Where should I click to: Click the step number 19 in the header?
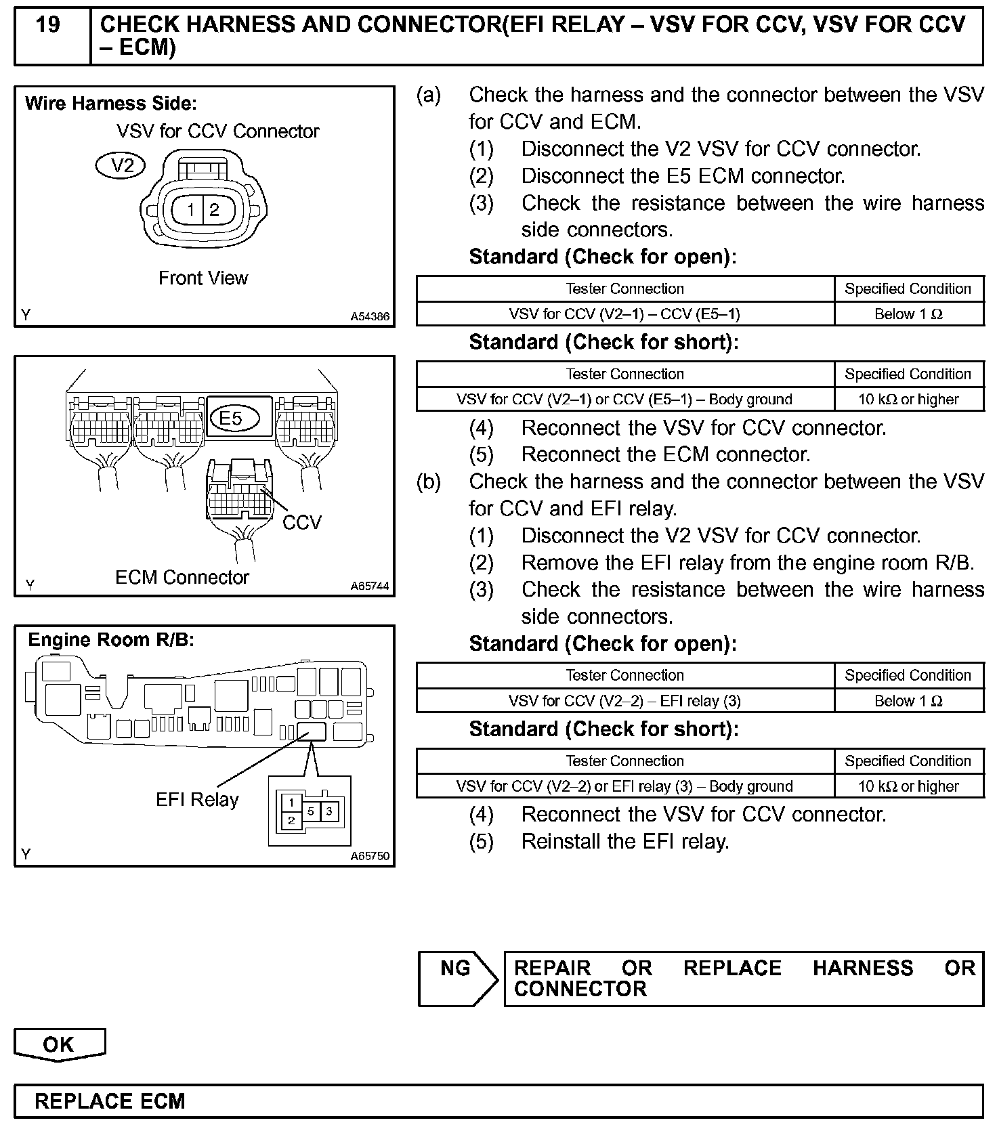point(47,25)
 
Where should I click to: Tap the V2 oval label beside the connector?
point(121,165)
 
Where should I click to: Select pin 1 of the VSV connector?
point(191,210)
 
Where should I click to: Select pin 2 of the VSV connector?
point(215,210)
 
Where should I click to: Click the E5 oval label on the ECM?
point(231,418)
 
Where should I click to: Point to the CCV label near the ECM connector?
point(302,522)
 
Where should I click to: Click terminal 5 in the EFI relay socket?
point(311,811)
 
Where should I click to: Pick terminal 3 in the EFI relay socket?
point(329,811)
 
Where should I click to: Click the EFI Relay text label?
point(197,800)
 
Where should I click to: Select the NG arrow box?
point(457,977)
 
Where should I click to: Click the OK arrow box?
point(60,1044)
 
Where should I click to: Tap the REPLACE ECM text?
point(110,1101)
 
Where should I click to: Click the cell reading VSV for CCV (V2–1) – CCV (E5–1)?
point(624,314)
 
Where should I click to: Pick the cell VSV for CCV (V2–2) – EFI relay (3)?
point(624,701)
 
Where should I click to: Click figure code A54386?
point(370,316)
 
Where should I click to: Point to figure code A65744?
point(370,586)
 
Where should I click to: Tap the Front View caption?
point(203,278)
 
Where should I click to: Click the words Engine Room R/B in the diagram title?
point(110,640)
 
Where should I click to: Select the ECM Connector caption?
point(182,578)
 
